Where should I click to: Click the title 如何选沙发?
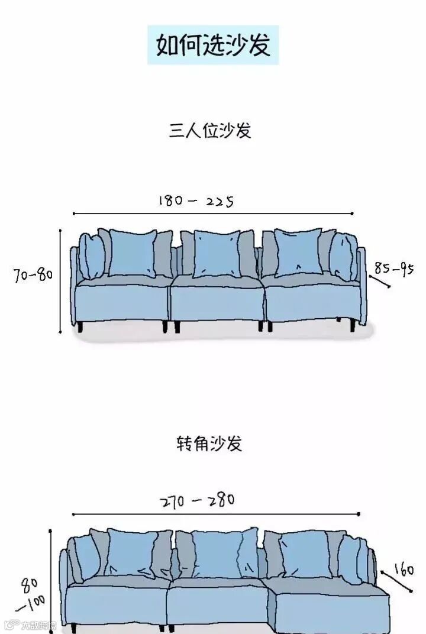click(213, 45)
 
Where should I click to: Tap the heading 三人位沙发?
click(210, 130)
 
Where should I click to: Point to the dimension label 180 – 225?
click(196, 201)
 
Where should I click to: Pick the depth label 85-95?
click(393, 269)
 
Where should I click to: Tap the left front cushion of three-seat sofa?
click(133, 253)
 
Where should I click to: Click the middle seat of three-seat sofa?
click(217, 302)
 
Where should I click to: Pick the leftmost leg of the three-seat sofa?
click(79, 326)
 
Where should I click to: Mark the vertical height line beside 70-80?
click(60, 281)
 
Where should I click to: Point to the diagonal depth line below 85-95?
click(380, 281)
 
